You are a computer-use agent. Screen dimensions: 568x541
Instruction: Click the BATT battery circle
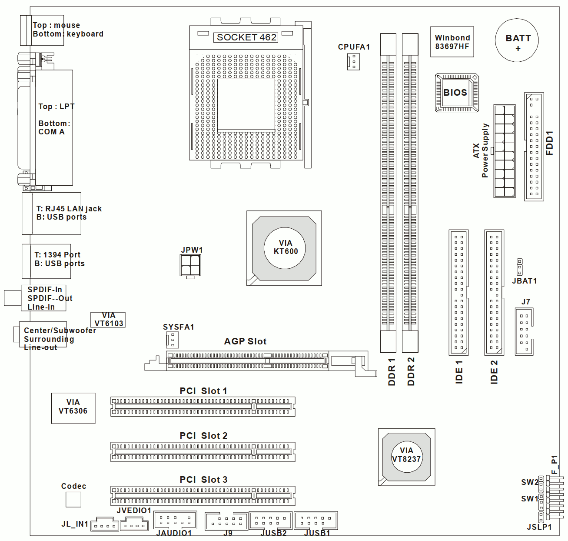[517, 40]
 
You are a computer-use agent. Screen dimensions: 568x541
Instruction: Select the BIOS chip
[457, 93]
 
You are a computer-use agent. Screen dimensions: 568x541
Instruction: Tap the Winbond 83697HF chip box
[452, 42]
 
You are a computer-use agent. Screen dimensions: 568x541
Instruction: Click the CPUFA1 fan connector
[353, 62]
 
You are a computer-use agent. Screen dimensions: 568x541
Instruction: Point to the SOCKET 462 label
[246, 37]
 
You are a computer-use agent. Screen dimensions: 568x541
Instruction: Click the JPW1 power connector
[190, 265]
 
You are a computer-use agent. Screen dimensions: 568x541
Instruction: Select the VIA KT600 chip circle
[285, 248]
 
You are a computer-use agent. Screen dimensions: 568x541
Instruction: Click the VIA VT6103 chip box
[108, 320]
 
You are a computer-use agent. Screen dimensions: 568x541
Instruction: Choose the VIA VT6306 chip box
[73, 408]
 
